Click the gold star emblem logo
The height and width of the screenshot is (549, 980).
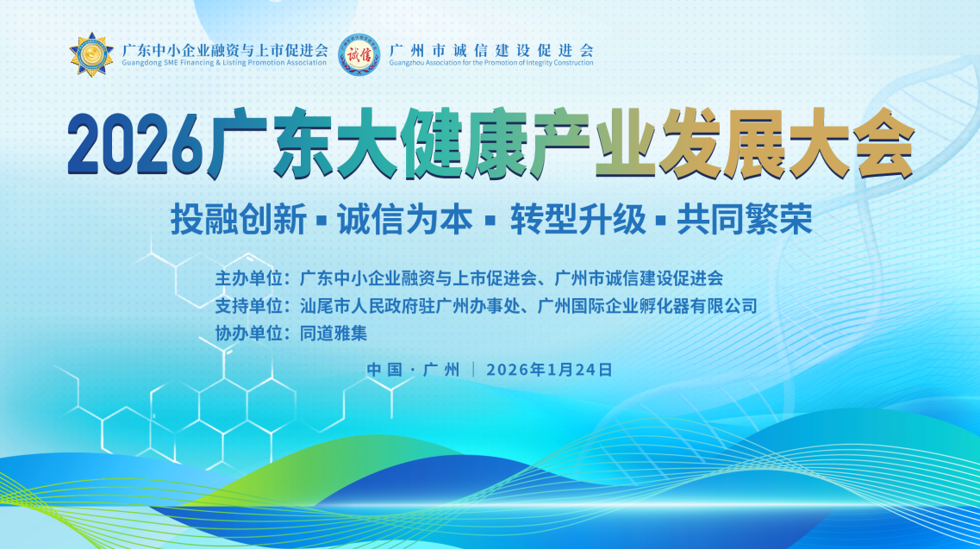point(92,53)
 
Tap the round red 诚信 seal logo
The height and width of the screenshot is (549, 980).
point(359,54)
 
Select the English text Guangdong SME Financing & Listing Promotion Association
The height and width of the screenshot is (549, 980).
point(226,63)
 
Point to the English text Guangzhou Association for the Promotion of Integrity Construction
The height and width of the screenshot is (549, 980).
point(491,63)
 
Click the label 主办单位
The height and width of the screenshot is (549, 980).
point(249,278)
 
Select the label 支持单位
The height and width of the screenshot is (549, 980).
point(249,305)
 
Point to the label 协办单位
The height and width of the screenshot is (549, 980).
point(249,332)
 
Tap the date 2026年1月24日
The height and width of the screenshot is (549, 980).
point(549,369)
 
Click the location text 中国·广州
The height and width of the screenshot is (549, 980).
point(413,369)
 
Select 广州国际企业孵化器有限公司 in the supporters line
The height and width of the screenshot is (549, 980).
point(646,305)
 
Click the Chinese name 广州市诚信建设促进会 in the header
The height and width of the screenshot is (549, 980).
point(491,49)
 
